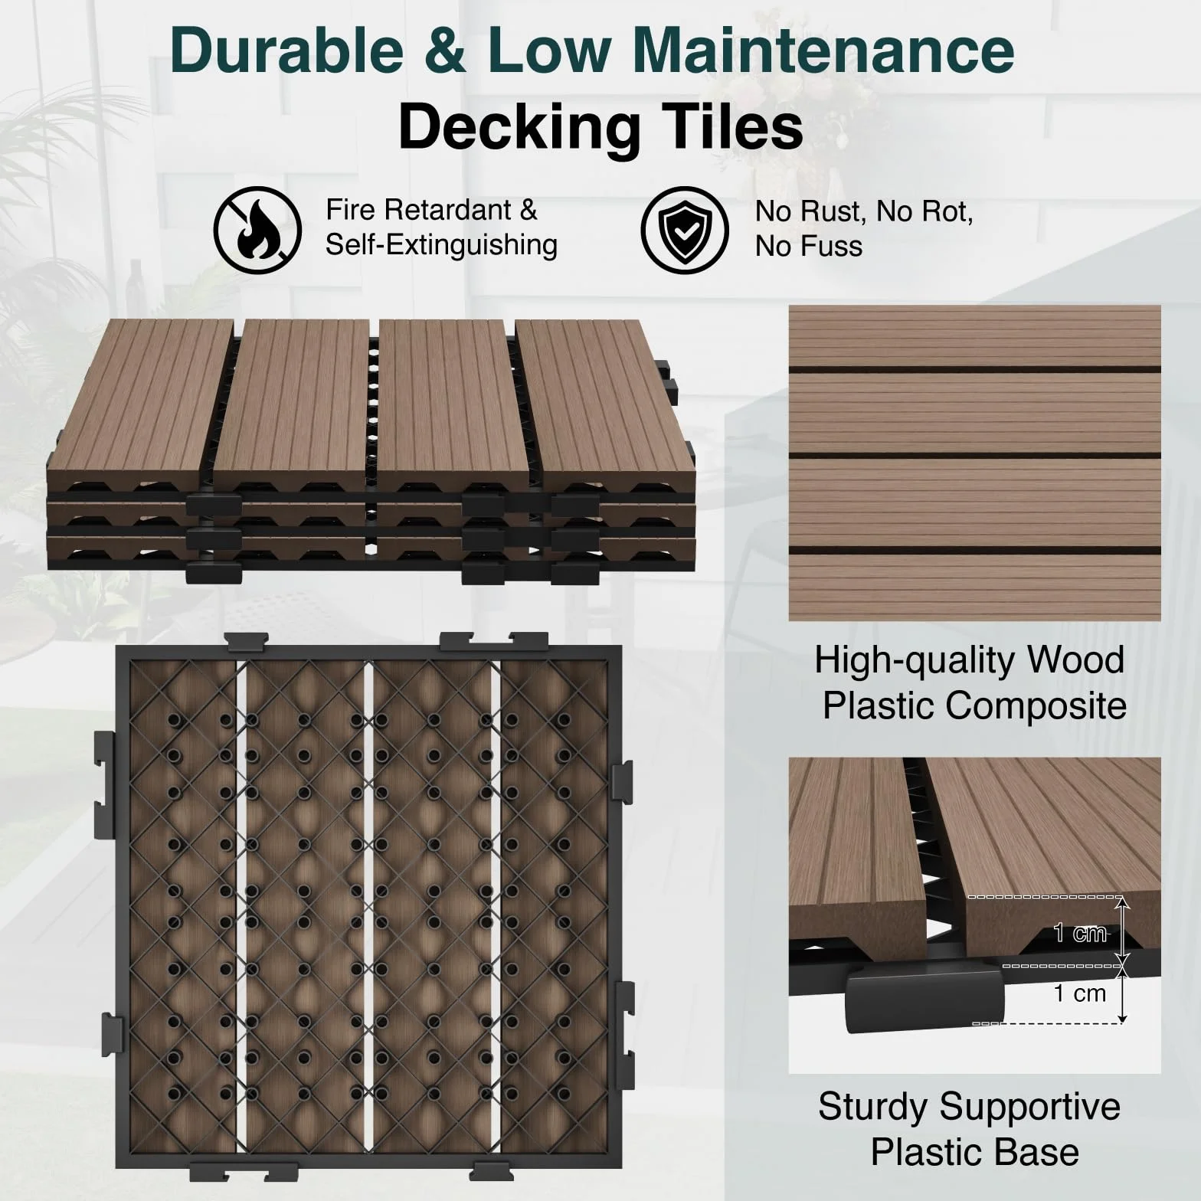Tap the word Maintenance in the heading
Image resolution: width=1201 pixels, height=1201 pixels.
[x=823, y=50]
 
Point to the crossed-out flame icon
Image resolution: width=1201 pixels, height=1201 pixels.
[x=257, y=231]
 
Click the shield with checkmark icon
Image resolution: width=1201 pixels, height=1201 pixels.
[x=685, y=231]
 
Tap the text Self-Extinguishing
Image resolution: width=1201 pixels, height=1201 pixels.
[x=442, y=245]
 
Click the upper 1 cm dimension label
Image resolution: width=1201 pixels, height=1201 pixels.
[x=1080, y=933]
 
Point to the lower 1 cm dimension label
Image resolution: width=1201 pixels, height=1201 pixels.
[x=1080, y=993]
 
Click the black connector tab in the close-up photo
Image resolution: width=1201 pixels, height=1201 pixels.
[x=924, y=997]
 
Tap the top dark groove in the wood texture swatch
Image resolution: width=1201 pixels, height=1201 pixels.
[x=975, y=370]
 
